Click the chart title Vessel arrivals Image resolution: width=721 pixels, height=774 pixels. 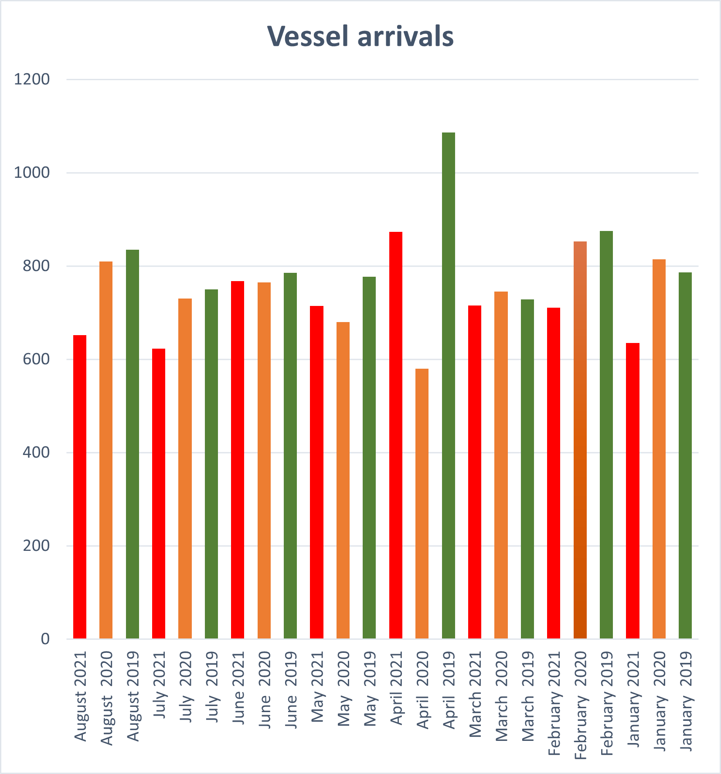pos(360,36)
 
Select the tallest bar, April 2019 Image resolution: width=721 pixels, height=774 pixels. pos(448,385)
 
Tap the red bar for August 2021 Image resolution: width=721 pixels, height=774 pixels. pos(80,486)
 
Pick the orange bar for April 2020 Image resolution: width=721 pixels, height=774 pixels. pos(422,503)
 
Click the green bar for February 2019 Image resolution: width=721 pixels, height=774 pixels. pos(606,435)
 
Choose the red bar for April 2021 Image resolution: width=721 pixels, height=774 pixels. pos(396,435)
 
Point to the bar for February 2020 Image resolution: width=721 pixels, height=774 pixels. pos(580,440)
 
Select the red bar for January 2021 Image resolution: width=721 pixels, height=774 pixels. pos(633,490)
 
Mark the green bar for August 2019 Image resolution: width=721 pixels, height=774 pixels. pos(133,444)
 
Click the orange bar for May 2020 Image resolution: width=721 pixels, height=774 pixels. pos(343,480)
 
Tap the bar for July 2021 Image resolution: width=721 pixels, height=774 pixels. pos(159,493)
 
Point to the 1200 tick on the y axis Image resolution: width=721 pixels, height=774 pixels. pos(32,79)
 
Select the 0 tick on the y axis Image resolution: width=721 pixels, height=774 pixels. pos(45,639)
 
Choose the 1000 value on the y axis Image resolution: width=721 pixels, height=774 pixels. pos(32,173)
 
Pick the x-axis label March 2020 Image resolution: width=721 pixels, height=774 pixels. pos(502,696)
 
